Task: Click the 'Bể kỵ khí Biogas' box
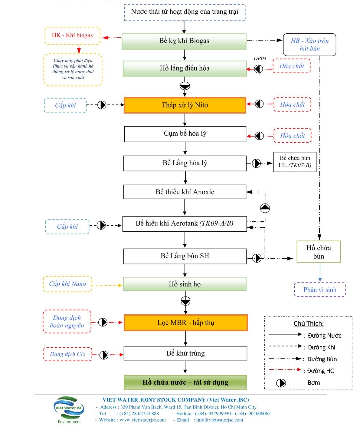(184, 41)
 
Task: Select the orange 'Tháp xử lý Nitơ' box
(185, 105)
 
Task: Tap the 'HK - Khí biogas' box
(72, 35)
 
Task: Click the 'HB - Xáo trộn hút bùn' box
(309, 45)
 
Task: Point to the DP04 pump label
(260, 58)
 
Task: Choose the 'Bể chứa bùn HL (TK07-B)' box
(295, 162)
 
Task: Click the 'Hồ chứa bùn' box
(319, 252)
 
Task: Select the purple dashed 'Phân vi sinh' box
(320, 290)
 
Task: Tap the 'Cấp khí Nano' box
(67, 284)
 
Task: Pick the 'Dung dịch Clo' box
(68, 354)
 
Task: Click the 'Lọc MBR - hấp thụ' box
(186, 323)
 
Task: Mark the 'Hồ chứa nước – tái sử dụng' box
(185, 382)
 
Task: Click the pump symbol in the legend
(281, 383)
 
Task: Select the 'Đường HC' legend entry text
(320, 371)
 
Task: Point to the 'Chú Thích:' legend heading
(309, 323)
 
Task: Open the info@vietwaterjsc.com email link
(220, 420)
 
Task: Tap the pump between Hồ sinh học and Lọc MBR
(185, 301)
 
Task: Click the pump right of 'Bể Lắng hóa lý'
(256, 164)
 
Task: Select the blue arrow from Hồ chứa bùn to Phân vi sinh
(320, 272)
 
